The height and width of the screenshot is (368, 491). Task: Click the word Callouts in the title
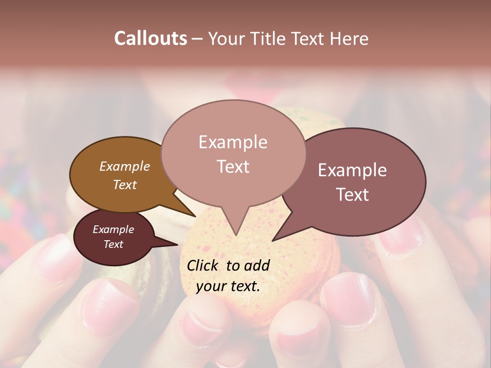tap(150, 38)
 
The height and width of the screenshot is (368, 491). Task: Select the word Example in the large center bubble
tap(233, 142)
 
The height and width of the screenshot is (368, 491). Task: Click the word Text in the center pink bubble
tap(233, 167)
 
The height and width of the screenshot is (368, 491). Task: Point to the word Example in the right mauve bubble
tap(352, 170)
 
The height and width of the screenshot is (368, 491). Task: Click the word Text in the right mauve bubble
tap(352, 195)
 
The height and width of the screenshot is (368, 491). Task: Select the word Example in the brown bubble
tap(124, 167)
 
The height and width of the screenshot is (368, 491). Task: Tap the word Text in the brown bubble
tap(124, 185)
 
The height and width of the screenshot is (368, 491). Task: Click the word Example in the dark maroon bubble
tap(113, 229)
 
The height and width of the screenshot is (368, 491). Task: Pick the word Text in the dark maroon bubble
tap(113, 244)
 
